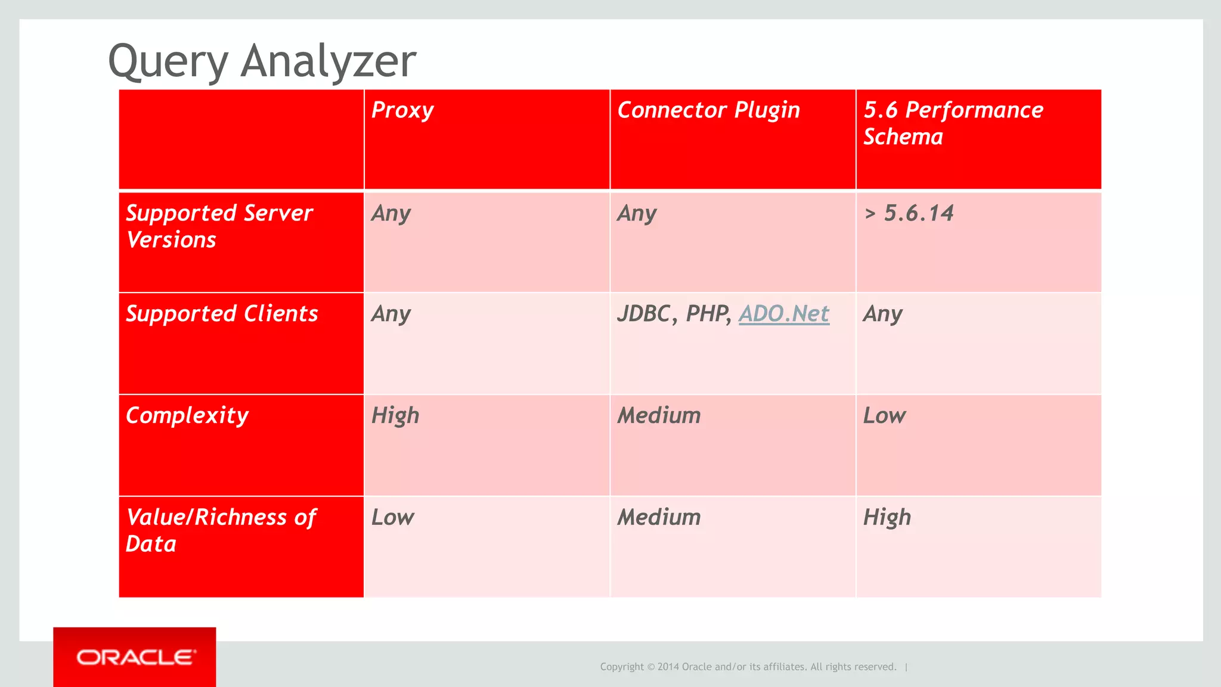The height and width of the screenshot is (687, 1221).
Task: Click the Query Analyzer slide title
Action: click(262, 61)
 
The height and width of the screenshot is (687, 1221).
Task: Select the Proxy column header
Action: click(402, 111)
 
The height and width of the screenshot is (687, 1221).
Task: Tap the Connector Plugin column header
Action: click(708, 111)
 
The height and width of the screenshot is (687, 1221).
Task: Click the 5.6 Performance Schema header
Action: click(953, 123)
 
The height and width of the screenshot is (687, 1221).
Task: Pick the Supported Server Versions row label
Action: click(219, 226)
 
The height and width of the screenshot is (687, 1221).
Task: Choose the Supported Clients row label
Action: click(222, 314)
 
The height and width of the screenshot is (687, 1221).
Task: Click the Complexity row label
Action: click(187, 416)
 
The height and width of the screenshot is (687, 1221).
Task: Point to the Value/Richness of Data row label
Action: click(221, 530)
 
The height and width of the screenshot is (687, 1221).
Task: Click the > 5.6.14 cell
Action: click(909, 213)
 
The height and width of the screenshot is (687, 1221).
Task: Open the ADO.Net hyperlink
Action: click(784, 314)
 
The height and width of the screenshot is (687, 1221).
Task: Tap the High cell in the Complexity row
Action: click(395, 416)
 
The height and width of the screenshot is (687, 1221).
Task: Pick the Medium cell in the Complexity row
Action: click(659, 416)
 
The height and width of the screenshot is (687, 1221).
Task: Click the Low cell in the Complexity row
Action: click(884, 416)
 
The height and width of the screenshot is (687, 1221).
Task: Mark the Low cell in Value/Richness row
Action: click(392, 518)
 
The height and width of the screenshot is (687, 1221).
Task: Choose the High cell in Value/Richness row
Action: click(887, 518)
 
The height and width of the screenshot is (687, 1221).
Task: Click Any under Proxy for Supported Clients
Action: click(391, 314)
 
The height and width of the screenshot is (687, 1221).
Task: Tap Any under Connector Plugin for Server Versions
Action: click(637, 213)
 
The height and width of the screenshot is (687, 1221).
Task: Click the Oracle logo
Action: click(135, 657)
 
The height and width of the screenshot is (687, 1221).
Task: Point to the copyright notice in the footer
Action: click(748, 667)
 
